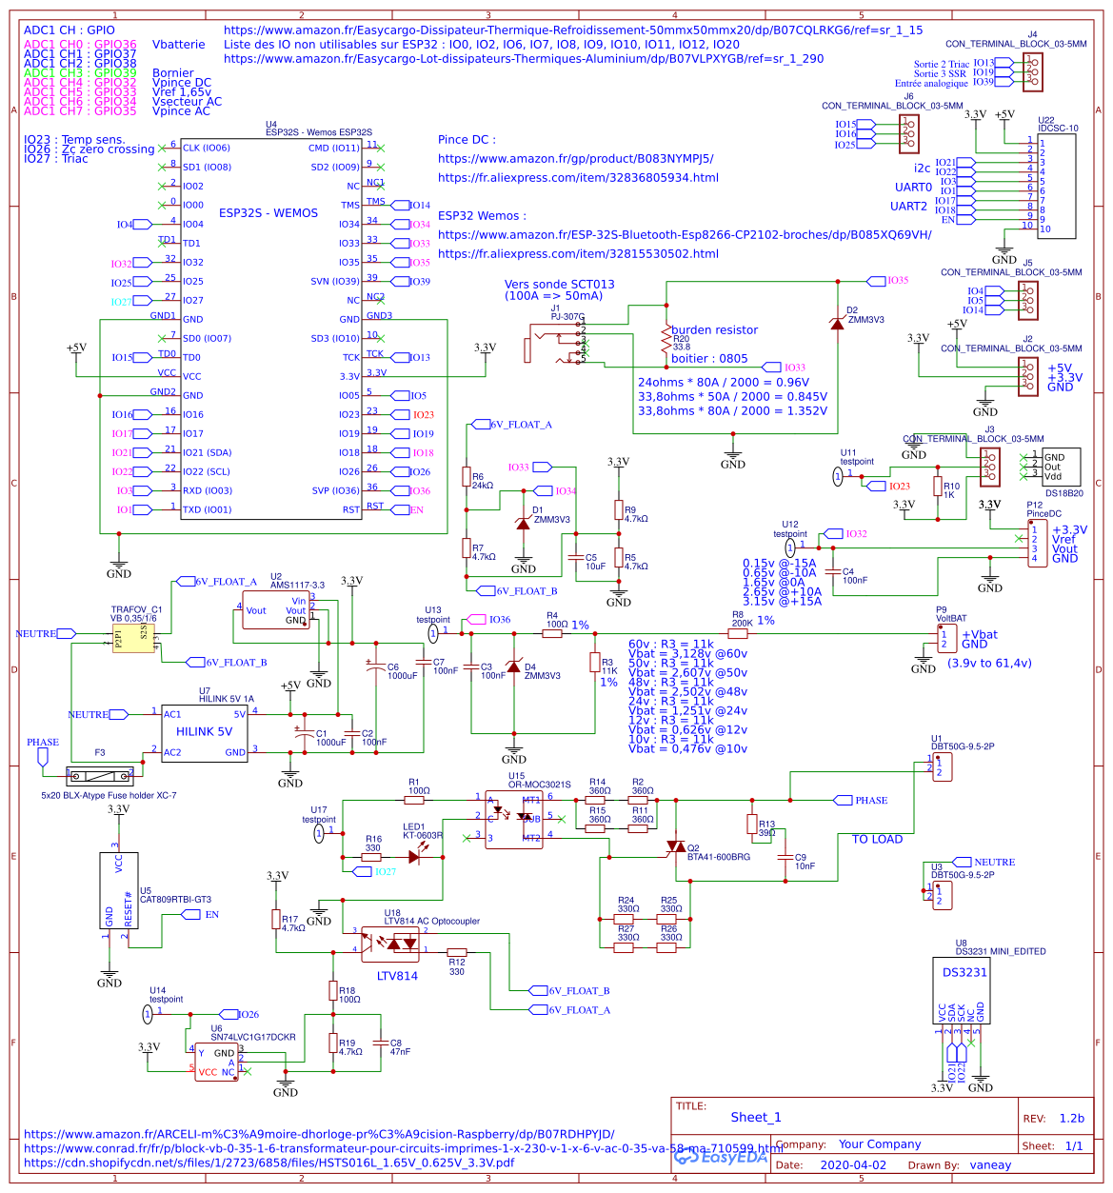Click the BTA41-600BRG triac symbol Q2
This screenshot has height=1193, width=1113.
click(x=676, y=846)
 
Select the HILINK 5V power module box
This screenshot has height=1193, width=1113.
click(x=204, y=732)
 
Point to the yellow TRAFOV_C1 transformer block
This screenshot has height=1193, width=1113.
click(x=133, y=638)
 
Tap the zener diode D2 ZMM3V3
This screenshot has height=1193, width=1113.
click(x=837, y=324)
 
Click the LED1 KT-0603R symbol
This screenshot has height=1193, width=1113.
click(x=414, y=857)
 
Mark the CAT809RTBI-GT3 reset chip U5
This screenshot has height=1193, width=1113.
click(x=119, y=890)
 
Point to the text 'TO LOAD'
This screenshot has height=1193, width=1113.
click(x=877, y=839)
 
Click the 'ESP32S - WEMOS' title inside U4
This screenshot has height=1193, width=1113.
click(x=268, y=213)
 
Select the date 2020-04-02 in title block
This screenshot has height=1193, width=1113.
click(x=852, y=1164)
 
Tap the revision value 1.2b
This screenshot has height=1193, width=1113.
click(x=1071, y=1119)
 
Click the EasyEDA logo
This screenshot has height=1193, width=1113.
click(x=721, y=1157)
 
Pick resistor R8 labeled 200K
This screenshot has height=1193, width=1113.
click(x=738, y=633)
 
